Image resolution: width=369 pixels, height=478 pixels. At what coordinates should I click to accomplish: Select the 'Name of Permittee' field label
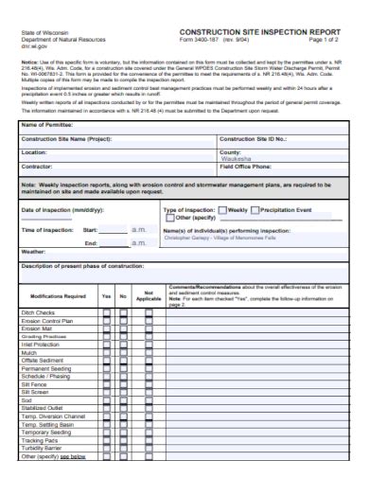(x=48, y=125)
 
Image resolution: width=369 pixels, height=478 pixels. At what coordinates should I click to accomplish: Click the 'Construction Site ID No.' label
(x=257, y=138)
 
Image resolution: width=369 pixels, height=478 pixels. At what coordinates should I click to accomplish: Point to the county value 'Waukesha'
(x=237, y=159)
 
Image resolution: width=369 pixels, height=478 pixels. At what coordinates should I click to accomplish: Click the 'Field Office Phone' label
(x=252, y=167)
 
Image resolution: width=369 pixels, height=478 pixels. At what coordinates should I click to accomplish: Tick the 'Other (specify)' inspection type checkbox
(x=170, y=218)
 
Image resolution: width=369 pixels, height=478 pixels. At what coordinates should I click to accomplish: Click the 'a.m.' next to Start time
(x=138, y=230)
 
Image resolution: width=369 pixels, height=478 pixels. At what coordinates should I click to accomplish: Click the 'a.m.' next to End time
(x=138, y=242)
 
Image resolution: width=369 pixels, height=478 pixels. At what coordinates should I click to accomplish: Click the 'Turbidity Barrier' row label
(x=47, y=447)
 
